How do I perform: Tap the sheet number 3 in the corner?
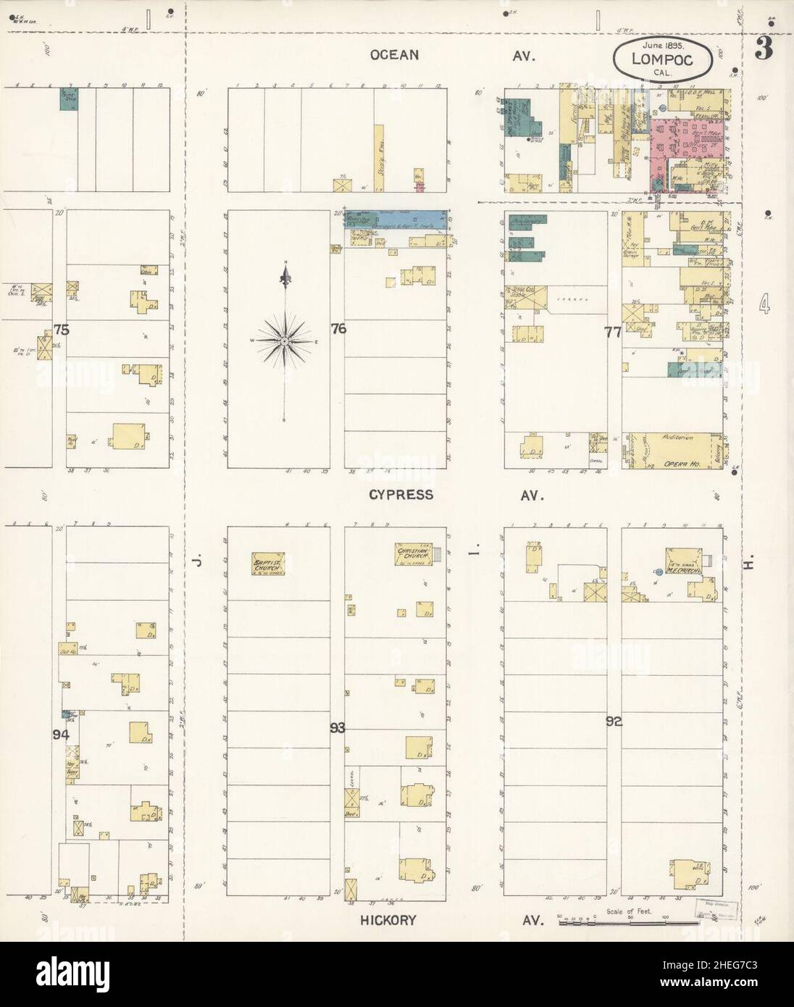click(x=763, y=50)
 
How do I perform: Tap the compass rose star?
click(x=285, y=340)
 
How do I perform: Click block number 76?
click(x=338, y=328)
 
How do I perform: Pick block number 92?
click(x=614, y=721)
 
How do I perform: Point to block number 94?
click(x=62, y=734)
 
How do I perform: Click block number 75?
click(x=61, y=330)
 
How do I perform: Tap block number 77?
click(x=613, y=332)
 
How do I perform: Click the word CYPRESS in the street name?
click(x=401, y=495)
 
